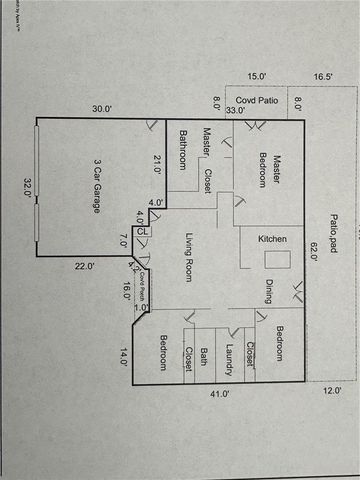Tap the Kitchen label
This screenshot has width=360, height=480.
[x=273, y=239]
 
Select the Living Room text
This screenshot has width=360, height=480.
[x=188, y=258]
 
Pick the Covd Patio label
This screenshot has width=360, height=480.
[x=256, y=100]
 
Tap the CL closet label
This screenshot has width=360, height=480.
[x=143, y=231]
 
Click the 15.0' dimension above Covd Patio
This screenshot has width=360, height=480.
[x=257, y=76]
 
